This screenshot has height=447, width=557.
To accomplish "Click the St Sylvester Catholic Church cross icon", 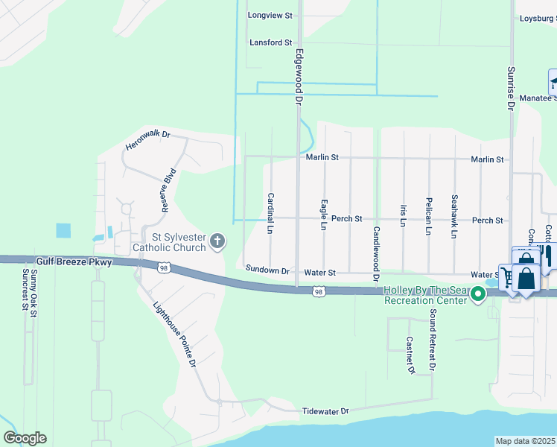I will tap(217, 240).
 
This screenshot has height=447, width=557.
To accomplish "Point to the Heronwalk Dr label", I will tap(148, 139).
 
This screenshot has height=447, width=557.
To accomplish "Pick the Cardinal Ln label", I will tap(271, 214).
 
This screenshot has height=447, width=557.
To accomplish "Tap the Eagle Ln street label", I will tap(324, 214).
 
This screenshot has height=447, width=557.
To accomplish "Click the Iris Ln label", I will tap(403, 215).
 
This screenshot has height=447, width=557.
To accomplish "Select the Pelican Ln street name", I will tap(429, 216).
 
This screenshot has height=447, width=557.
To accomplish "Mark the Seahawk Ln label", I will tap(454, 216).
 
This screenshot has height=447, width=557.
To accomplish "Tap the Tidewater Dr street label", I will tap(325, 411).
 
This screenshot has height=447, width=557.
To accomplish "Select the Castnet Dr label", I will tap(410, 354).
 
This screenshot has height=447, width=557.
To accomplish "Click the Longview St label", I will tap(271, 15).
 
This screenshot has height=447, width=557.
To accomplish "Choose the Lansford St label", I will tap(270, 42).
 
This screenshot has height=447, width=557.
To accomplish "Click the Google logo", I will tap(25, 438).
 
